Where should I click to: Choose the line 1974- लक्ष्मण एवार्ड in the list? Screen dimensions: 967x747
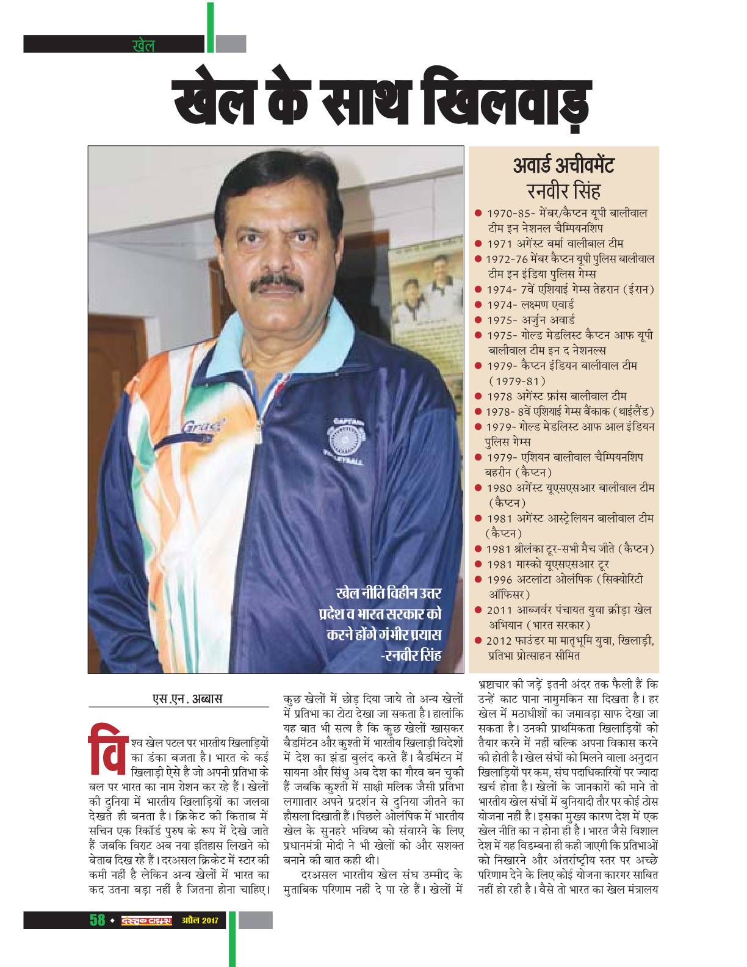pos(530,304)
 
